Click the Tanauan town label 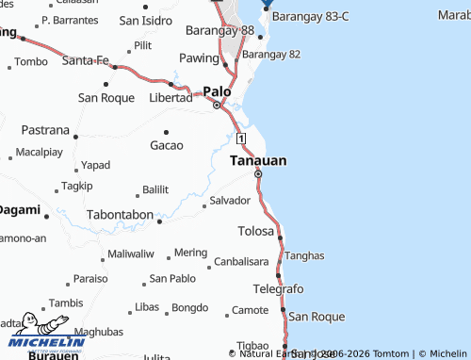click(258, 161)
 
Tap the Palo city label click(217, 91)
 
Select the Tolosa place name click(256, 231)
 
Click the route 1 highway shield click(241, 139)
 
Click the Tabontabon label click(120, 215)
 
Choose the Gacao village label click(166, 145)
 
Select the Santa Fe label click(86, 60)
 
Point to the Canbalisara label click(241, 261)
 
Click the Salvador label click(230, 201)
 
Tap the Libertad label click(171, 98)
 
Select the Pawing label click(199, 58)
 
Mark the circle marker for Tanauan click(258, 174)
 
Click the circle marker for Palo click(217, 105)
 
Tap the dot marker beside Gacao click(167, 131)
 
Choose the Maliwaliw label click(130, 254)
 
